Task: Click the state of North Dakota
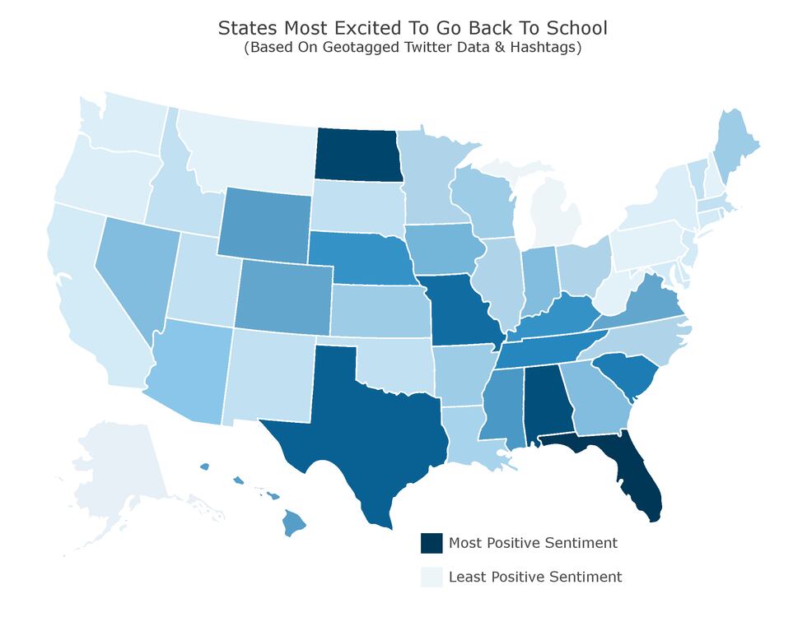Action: [358, 155]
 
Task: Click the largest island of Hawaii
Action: [295, 523]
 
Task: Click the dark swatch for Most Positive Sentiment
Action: [431, 543]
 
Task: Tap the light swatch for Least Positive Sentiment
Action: [431, 577]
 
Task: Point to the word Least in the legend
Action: [466, 577]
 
